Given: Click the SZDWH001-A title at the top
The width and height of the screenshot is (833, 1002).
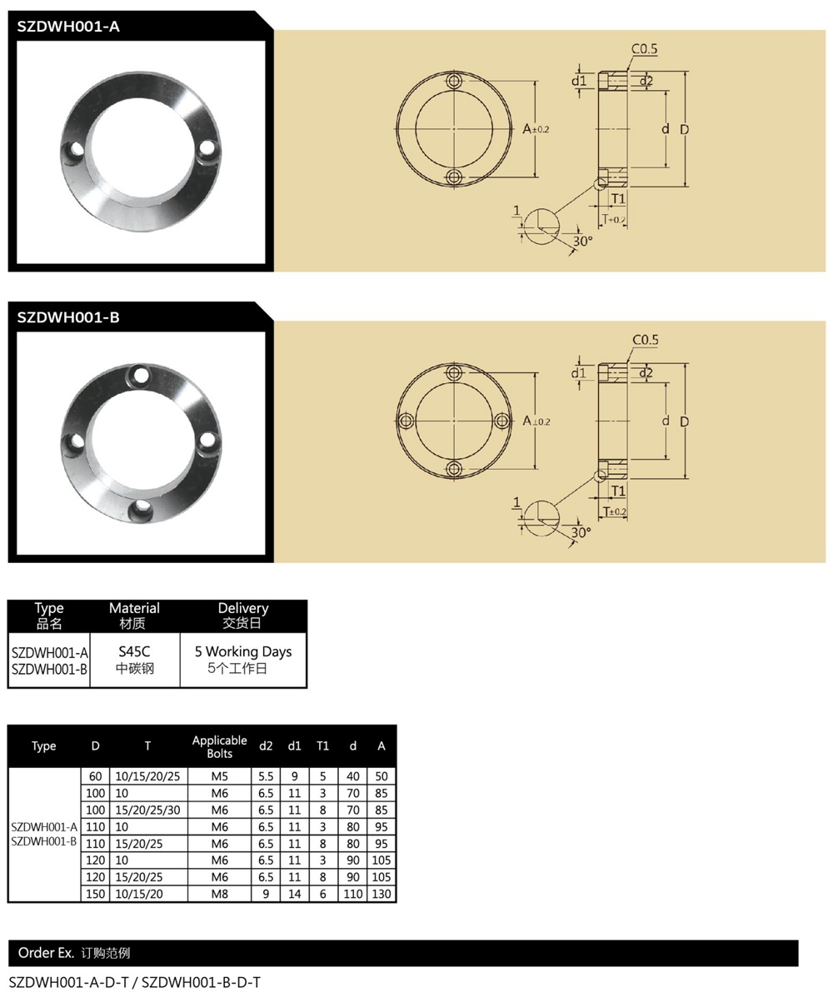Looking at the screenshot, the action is (68, 27).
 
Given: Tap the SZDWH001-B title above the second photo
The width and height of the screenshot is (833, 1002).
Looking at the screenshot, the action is (68, 317).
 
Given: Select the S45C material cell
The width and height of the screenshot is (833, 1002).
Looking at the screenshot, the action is (134, 651).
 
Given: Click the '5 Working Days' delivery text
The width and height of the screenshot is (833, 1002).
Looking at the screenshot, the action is (243, 651).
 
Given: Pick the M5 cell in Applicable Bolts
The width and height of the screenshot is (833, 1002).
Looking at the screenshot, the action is (219, 776).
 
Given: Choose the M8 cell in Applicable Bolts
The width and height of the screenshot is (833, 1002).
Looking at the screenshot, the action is (219, 894).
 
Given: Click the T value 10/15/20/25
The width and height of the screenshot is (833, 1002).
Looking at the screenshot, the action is (147, 776).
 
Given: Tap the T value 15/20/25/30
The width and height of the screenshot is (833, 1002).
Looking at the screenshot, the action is (147, 810).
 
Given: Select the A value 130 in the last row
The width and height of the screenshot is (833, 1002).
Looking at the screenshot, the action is (382, 894).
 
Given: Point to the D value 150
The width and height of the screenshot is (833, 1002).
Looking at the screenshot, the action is (96, 894).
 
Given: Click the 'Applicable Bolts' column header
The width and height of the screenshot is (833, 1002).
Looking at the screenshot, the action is (220, 746).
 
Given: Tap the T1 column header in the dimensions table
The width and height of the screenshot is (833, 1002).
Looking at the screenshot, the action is (322, 746).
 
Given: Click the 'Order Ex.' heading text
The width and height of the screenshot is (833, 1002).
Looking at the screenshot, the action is (46, 953).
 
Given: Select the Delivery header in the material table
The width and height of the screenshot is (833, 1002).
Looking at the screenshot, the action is (243, 608).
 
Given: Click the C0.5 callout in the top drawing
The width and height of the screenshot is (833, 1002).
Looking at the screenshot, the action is (645, 49).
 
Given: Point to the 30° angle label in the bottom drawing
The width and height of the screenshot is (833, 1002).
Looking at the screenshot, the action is (581, 533).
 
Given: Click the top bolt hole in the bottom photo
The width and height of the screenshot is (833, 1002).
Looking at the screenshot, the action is (140, 375).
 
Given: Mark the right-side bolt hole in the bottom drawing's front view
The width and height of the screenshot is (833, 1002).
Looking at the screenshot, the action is (502, 421).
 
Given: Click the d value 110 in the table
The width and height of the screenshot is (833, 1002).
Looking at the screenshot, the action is (352, 894).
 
